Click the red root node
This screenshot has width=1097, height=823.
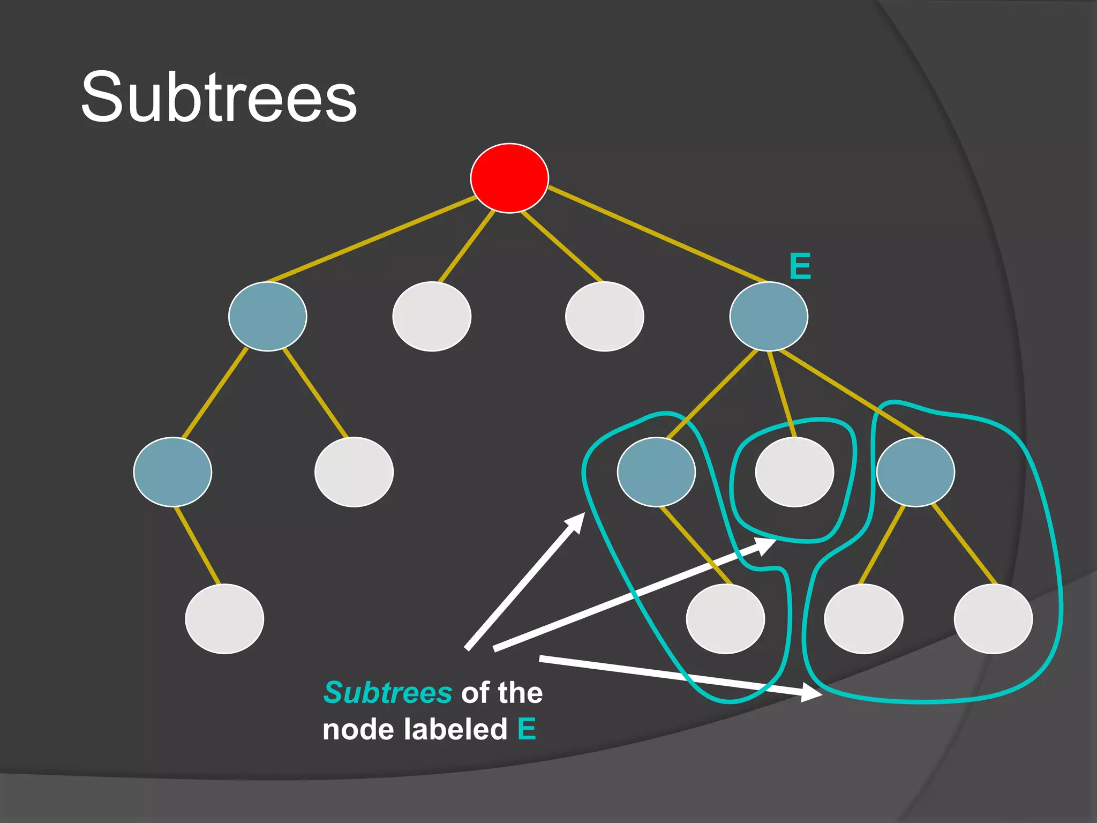tap(509, 178)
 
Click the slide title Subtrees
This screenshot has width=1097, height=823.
tap(219, 98)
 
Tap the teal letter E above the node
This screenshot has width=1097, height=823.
tap(800, 266)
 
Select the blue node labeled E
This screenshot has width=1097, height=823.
tap(769, 316)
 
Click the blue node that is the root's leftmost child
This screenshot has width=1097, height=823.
tap(267, 316)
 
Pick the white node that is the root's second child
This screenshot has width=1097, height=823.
tap(432, 316)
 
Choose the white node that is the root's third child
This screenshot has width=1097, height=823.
tap(605, 316)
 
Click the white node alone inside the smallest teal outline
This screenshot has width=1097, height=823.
tap(794, 472)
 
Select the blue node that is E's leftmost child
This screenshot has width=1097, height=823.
tap(656, 472)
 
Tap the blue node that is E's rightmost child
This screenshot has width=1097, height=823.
tap(915, 472)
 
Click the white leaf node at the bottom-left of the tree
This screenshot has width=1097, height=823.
tap(224, 619)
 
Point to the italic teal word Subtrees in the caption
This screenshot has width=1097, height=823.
tap(388, 692)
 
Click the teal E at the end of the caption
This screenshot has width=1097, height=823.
tap(527, 729)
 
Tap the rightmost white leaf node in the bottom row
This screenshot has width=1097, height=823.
tap(994, 619)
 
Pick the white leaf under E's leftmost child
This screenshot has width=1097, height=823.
tap(726, 619)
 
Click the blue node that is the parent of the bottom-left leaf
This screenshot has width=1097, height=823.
tap(172, 472)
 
